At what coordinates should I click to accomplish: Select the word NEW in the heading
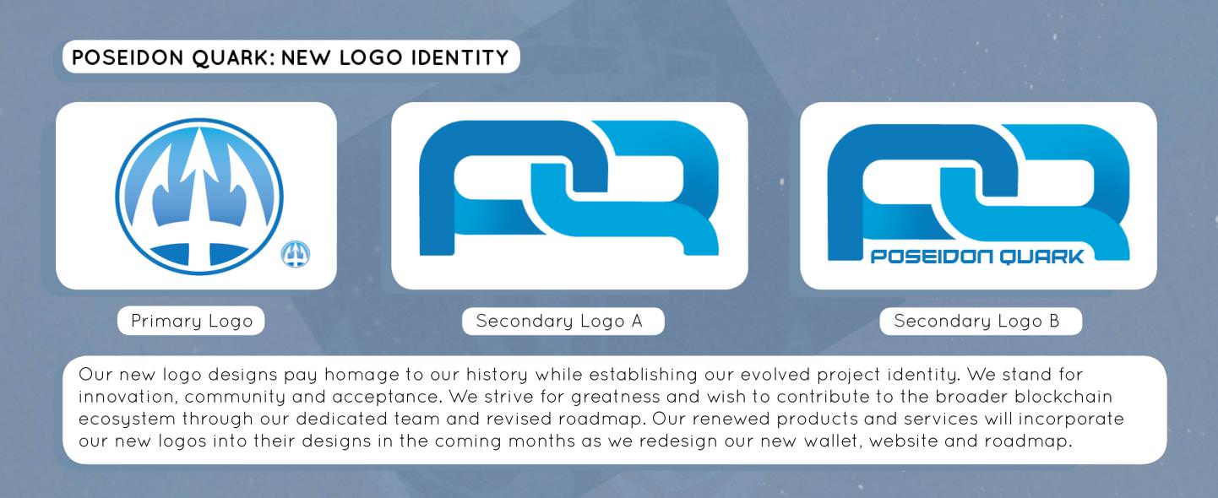point(306,57)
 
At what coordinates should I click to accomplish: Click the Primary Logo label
point(192,321)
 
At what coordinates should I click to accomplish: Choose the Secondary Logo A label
point(559,321)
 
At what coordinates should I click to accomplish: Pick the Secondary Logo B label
point(976,321)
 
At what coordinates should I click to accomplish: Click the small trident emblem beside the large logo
point(296,254)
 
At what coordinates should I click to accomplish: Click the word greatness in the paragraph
point(616,398)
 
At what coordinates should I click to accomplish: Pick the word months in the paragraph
point(541,441)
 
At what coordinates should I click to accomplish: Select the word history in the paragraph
point(497,375)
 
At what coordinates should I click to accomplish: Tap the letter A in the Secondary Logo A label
point(637,321)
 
